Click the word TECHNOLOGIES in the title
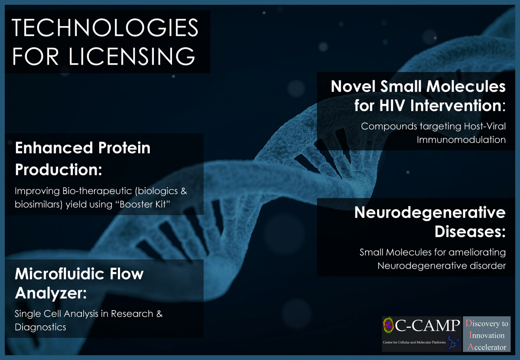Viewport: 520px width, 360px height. tap(105, 28)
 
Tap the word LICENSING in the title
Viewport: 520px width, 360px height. tap(132, 56)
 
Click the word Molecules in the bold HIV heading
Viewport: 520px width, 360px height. tap(466, 86)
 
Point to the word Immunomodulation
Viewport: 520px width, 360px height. tap(461, 140)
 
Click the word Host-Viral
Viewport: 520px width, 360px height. tap(485, 126)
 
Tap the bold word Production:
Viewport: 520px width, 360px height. tap(58, 169)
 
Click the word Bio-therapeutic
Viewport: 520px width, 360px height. tap(97, 191)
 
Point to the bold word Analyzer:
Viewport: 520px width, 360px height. tap(51, 293)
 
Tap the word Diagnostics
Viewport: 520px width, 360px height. tap(40, 327)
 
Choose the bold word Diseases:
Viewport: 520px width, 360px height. tap(470, 232)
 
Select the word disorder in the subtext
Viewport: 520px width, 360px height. tap(488, 266)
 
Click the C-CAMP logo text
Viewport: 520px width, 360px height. tap(427, 325)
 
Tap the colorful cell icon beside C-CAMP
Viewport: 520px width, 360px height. tap(389, 325)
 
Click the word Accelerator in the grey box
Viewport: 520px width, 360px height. tap(487, 347)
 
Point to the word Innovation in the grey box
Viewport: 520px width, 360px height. tap(487, 335)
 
